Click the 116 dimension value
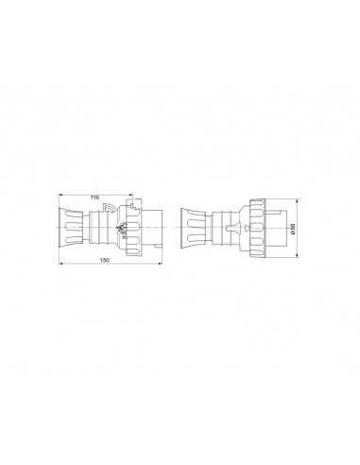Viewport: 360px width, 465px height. pos(94,197)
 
